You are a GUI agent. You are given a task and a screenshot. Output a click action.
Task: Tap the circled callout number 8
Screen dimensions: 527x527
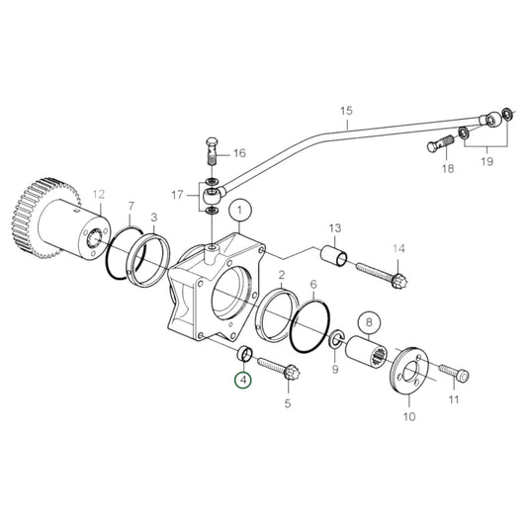click(368, 321)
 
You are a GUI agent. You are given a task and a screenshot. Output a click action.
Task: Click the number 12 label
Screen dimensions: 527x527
click(98, 193)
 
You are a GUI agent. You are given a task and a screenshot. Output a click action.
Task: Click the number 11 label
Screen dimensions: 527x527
click(454, 400)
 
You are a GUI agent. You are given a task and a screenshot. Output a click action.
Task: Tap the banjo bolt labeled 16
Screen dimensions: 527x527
click(213, 154)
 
